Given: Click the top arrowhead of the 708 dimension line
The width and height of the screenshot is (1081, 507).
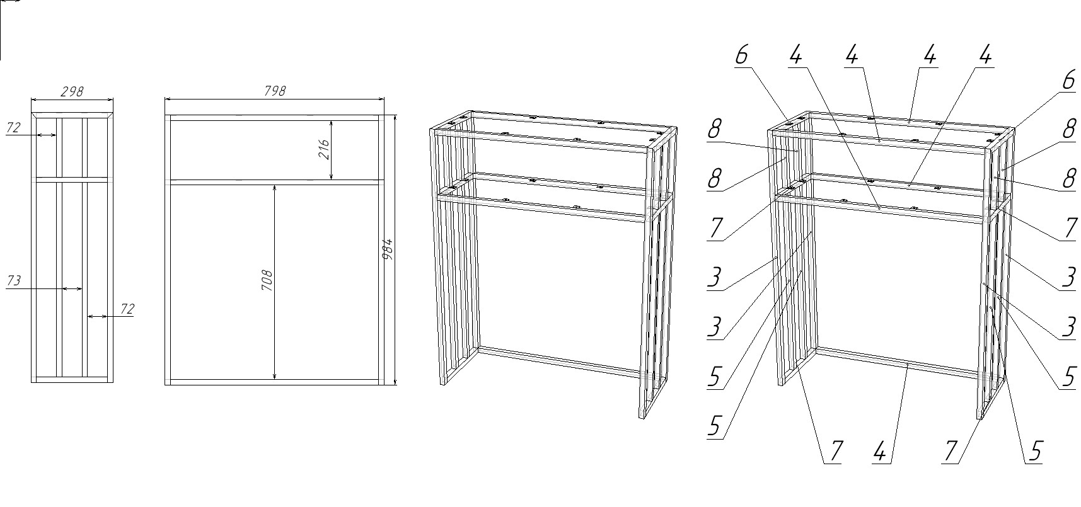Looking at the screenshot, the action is (275, 187).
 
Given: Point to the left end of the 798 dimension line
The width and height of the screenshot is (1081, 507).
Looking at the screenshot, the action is (165, 98).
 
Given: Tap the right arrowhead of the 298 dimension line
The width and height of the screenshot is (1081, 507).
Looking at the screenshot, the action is (111, 99).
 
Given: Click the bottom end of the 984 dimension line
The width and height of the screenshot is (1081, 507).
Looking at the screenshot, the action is (395, 384).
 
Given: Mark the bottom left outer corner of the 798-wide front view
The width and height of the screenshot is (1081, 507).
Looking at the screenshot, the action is (165, 384).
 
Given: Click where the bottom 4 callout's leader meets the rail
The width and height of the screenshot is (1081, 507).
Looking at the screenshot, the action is (906, 365).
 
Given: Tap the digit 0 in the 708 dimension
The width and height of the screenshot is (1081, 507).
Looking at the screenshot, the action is (268, 276).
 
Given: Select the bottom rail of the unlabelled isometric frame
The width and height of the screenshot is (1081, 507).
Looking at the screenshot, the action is (560, 362).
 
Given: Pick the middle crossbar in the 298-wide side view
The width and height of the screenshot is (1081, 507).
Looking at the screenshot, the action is (72, 179).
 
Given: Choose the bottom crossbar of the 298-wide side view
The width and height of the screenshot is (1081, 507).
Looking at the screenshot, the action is (72, 380).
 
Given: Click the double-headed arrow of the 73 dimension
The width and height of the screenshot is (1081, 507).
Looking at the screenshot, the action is (72, 289).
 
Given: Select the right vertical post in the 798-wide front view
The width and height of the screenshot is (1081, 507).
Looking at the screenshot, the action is (381, 250).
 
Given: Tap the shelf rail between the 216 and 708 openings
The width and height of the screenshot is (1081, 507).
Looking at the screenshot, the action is (274, 182).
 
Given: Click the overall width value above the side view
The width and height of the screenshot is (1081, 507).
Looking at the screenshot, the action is (72, 91).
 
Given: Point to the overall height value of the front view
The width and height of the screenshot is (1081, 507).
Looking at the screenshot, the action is (388, 250).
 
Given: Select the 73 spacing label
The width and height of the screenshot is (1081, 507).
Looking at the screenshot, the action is (13, 281).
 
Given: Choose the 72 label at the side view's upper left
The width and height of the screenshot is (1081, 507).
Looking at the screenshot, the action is (13, 128).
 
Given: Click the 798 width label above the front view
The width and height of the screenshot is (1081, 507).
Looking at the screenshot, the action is (274, 91).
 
